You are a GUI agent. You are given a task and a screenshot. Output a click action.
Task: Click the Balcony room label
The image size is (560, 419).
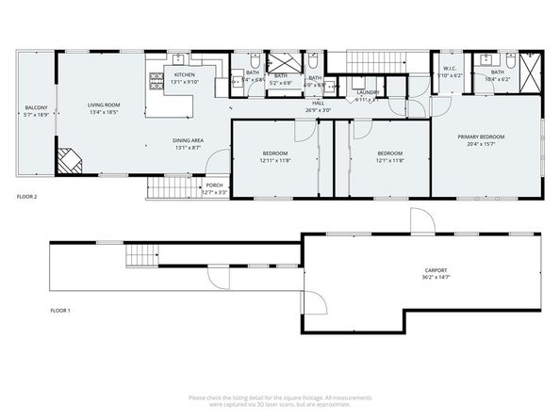click(35, 108)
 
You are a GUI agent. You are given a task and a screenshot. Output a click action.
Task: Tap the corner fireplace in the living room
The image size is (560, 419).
click(68, 161)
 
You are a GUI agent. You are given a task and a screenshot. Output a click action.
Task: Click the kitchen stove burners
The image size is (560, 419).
click(155, 84)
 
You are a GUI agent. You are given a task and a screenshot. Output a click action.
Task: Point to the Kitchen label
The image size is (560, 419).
click(184, 74)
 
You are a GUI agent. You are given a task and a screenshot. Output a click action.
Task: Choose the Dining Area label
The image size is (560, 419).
click(189, 141)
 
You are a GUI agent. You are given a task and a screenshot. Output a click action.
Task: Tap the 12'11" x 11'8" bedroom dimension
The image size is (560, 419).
click(275, 160)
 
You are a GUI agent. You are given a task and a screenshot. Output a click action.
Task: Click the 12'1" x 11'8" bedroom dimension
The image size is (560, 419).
click(390, 160)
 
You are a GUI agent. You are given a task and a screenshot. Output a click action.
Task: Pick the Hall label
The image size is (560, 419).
click(318, 103)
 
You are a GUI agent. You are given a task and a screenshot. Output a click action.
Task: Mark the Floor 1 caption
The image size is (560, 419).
click(61, 310)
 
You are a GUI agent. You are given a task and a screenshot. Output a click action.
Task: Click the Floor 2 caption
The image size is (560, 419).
click(28, 197)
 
